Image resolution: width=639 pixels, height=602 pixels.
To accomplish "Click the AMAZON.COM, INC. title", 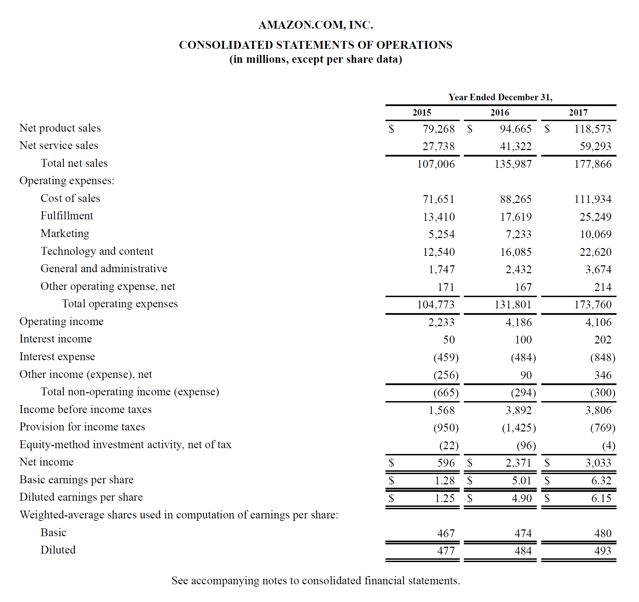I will (316, 25).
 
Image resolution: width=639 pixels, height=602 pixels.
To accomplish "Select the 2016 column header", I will (500, 113).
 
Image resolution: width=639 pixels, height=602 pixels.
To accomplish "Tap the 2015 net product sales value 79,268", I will (439, 129).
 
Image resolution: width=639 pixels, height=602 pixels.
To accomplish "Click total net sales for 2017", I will (593, 164).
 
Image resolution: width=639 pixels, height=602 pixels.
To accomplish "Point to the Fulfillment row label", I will (67, 216).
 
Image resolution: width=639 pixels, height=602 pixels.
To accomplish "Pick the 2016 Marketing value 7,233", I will (518, 234).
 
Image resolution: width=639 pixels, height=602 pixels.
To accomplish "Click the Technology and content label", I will (97, 251).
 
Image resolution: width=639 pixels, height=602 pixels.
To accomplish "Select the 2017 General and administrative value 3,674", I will (598, 269).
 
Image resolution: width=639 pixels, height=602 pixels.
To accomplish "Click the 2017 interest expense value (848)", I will (603, 357).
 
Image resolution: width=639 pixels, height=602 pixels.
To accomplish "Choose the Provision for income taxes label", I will (82, 427).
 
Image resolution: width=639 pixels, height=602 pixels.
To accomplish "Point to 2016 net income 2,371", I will (518, 463).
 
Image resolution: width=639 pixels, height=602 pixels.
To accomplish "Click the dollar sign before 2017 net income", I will (547, 463).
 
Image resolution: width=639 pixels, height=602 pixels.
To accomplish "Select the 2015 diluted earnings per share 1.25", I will (444, 498).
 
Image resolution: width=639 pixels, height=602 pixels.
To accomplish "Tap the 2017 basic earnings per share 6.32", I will (601, 481).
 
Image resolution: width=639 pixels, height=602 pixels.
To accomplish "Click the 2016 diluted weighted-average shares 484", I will (523, 551).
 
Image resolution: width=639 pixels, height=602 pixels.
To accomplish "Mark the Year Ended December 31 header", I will (500, 97).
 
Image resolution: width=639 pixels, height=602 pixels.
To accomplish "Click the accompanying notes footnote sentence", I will (316, 581).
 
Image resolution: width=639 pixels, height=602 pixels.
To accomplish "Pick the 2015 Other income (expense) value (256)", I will (446, 375).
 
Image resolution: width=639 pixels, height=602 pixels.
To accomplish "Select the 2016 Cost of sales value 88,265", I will (516, 199).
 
